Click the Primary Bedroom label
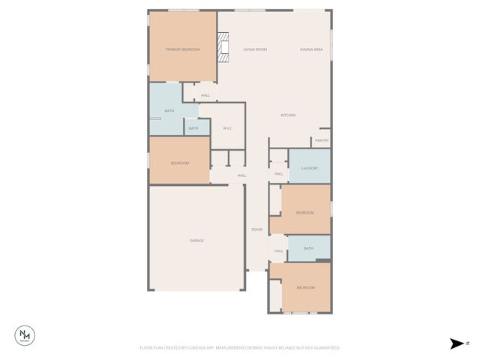tap(183, 49)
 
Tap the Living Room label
tap(255, 49)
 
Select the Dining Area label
tap(311, 49)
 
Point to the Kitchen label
tap(288, 115)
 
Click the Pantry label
tap(322, 140)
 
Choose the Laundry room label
tap(310, 168)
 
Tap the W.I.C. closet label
tap(228, 128)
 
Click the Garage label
tap(196, 241)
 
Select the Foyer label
tap(256, 229)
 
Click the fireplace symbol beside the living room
tap(223, 48)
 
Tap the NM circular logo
tap(26, 335)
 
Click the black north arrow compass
tap(457, 343)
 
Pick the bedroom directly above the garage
tap(179, 163)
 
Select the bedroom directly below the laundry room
tap(304, 213)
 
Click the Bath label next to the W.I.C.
tap(193, 128)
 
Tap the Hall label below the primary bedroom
tap(205, 95)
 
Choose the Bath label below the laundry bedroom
tap(308, 248)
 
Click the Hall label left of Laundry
tap(278, 174)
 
